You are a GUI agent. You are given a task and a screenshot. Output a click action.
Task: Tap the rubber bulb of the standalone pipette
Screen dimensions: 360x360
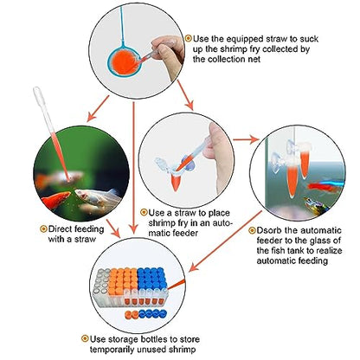coord(39,93)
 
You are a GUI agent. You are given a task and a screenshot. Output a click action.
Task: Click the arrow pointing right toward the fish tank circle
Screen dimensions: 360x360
coord(246,140)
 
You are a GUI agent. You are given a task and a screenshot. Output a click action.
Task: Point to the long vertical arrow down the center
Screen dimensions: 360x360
coord(133,167)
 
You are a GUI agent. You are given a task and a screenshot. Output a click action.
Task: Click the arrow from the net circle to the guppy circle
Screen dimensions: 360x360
coord(98,108)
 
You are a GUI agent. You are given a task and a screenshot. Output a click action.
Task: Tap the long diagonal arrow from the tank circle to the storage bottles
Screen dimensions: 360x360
coord(226,241)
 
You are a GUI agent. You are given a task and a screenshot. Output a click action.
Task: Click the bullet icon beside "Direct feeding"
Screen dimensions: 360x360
coord(43,229)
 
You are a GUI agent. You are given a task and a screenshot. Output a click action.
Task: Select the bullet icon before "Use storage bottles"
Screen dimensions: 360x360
coord(85,338)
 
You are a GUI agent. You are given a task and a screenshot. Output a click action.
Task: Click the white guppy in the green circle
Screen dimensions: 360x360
coord(97,196)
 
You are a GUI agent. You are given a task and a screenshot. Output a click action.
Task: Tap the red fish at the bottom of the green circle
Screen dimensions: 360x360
coord(55,200)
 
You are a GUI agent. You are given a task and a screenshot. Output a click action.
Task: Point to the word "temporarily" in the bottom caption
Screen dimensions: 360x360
coord(112,350)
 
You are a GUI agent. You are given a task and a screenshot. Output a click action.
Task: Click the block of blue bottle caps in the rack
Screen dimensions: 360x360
coord(151,278)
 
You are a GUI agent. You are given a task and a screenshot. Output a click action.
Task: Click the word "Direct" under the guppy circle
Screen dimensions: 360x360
coord(61,229)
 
